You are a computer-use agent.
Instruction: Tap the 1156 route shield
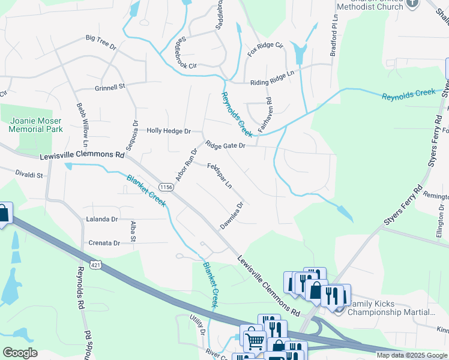click(167, 188)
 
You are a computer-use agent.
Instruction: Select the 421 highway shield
click(95, 264)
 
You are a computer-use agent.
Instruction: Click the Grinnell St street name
click(109, 86)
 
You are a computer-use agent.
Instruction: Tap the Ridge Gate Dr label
click(225, 145)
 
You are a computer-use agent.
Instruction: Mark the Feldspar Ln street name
click(220, 176)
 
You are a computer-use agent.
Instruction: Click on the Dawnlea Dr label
click(231, 212)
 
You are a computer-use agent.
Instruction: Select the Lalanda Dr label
click(101, 220)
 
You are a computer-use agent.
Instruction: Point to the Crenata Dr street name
click(104, 243)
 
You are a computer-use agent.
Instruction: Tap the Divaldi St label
click(29, 175)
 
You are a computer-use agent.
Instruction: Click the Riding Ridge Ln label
click(273, 73)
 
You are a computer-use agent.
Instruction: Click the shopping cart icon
click(255, 340)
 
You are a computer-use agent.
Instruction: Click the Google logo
click(20, 353)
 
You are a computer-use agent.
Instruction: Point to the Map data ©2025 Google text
click(411, 355)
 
